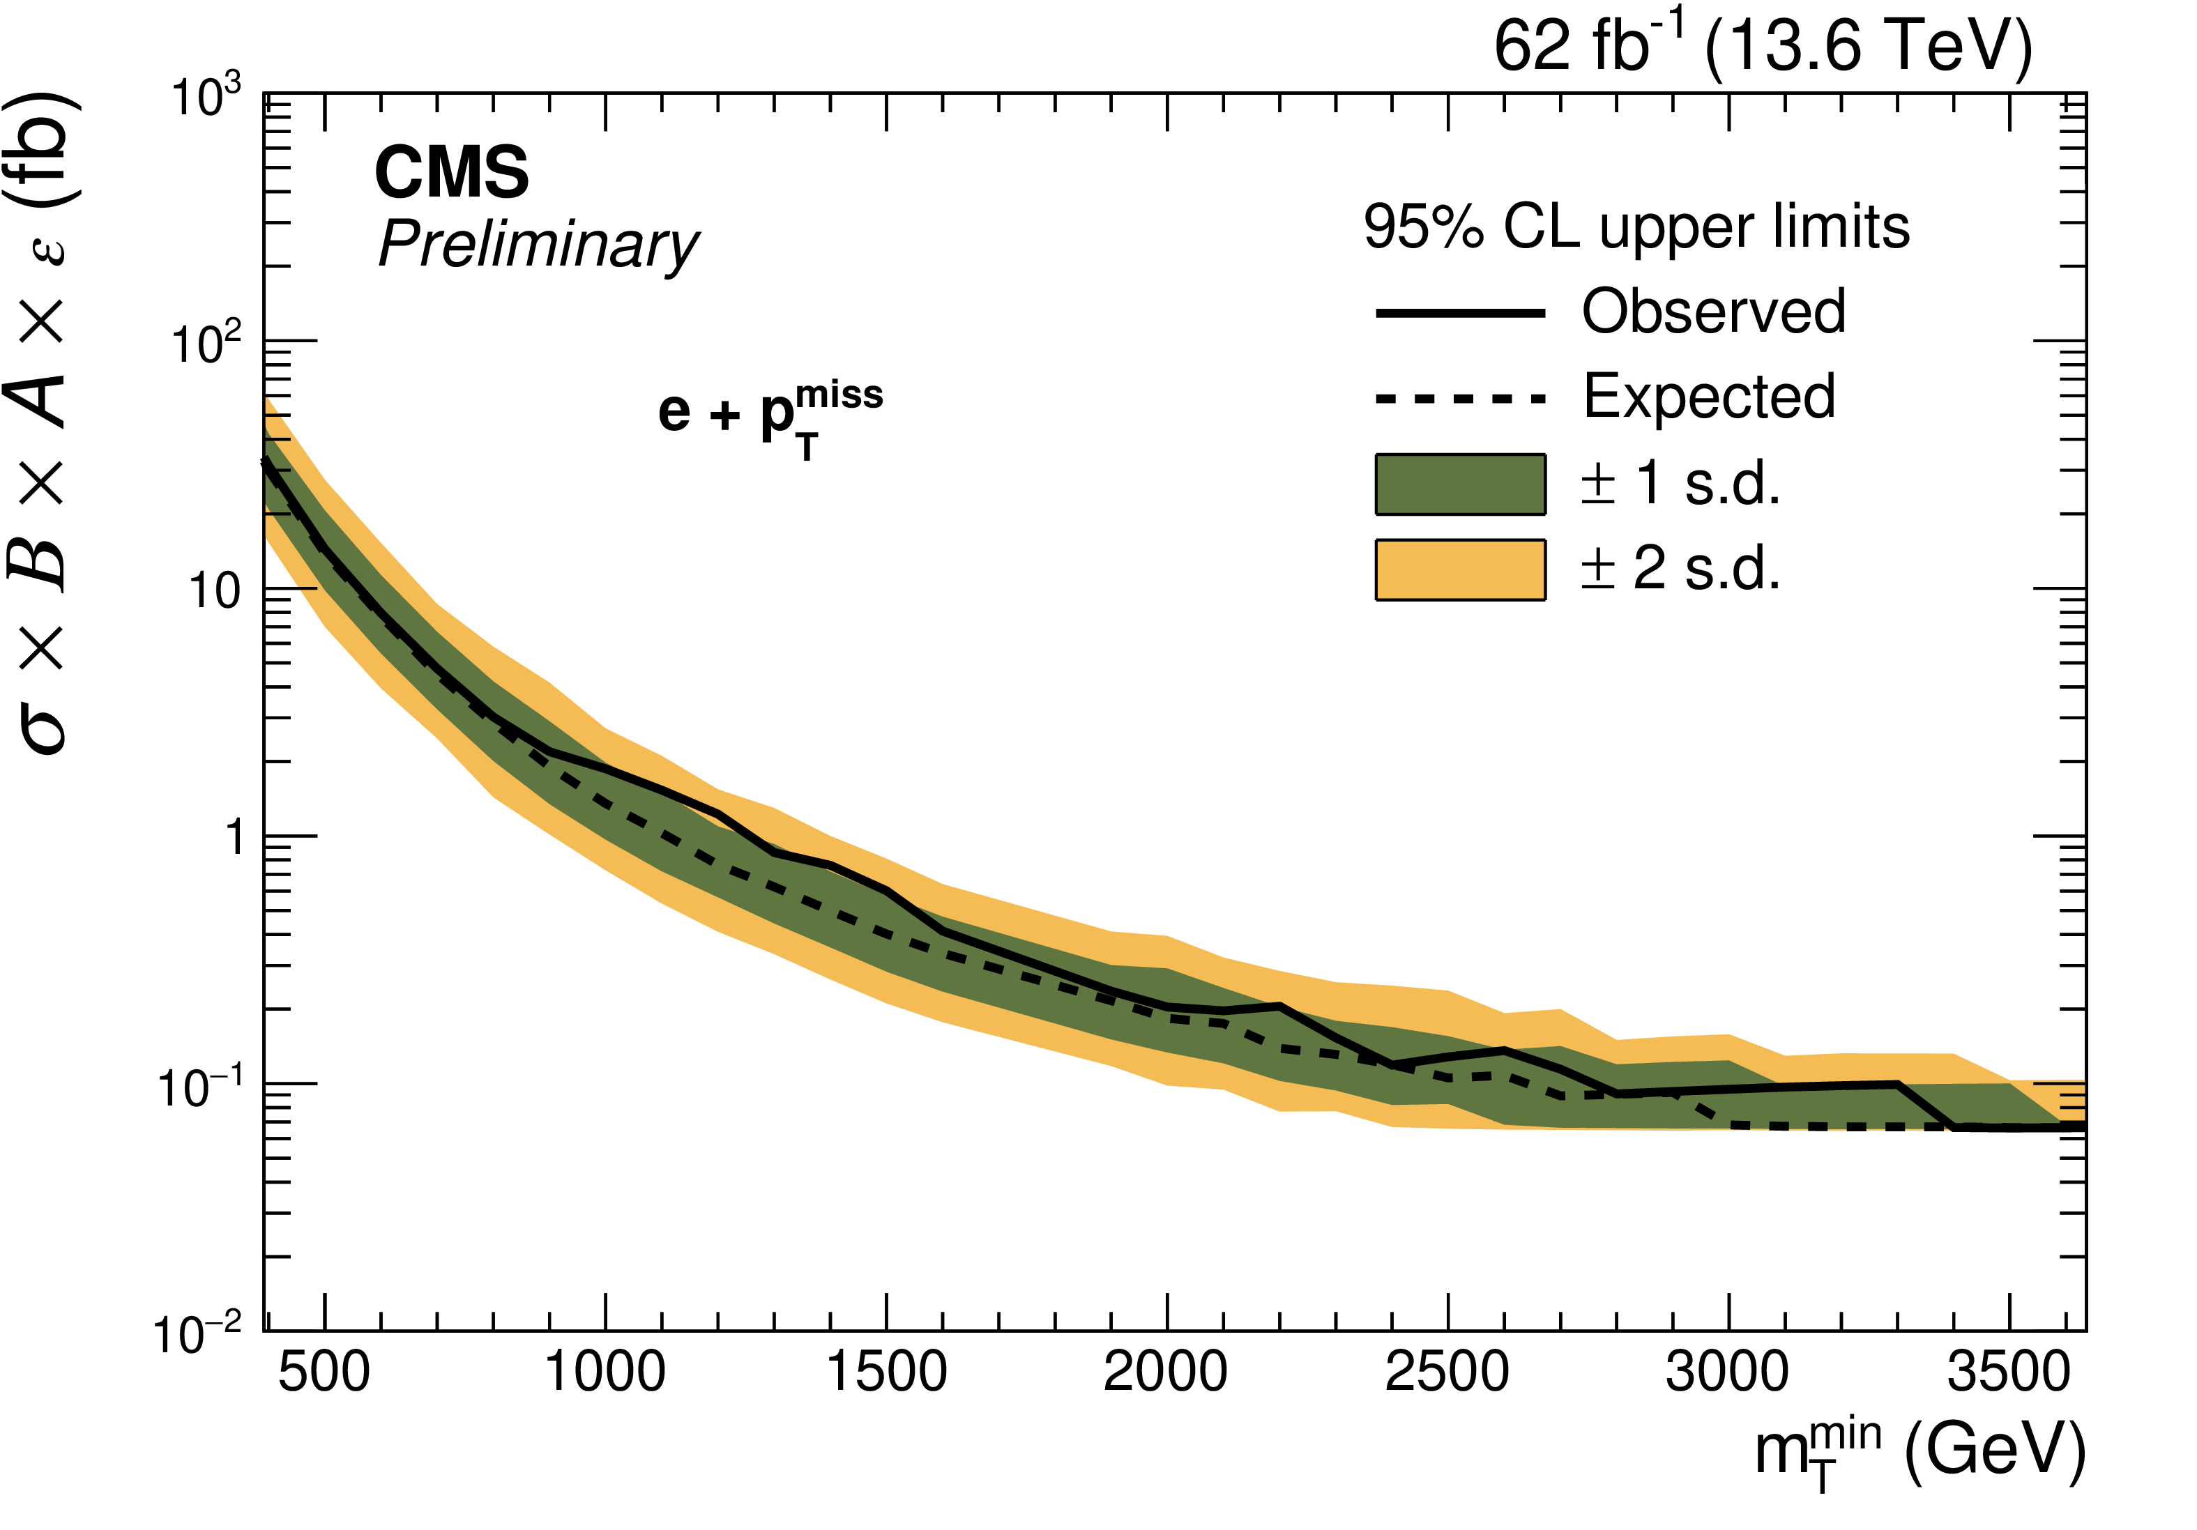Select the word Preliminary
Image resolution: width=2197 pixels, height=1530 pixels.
[x=539, y=245]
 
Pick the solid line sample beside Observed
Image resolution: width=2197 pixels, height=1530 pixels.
[x=1460, y=313]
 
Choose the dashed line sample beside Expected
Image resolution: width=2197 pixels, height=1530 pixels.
[x=1460, y=398]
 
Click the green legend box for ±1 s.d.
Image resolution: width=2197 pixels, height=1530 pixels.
[x=1460, y=484]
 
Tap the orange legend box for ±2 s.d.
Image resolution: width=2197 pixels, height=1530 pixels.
[x=1460, y=569]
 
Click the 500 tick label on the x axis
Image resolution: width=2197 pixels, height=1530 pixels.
[x=324, y=1373]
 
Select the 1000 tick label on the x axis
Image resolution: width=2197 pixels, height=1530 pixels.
[x=605, y=1373]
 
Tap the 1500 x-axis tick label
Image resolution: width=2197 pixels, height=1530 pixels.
[x=886, y=1373]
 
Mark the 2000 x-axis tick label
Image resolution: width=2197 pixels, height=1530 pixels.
[x=1166, y=1373]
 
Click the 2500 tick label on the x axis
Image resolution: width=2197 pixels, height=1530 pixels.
[x=1447, y=1373]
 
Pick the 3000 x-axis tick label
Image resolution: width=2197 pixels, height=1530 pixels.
[x=1727, y=1373]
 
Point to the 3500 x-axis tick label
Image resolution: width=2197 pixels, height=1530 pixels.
[x=2009, y=1373]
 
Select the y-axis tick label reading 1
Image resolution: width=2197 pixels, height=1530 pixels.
[x=234, y=839]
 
